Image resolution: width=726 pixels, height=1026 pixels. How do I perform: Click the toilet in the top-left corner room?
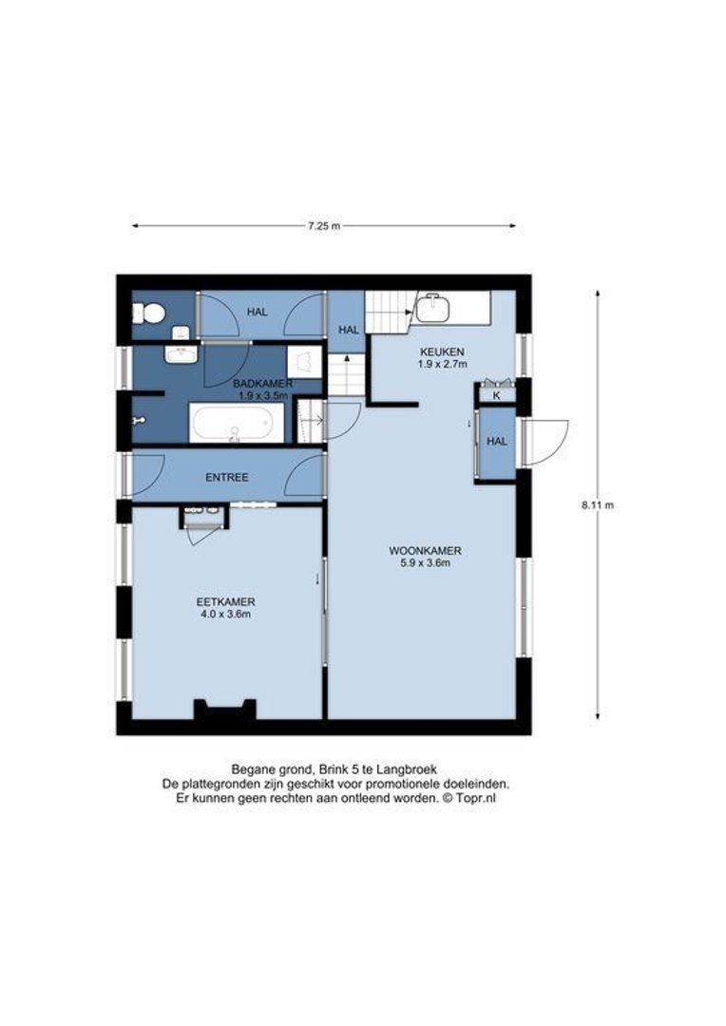[x=148, y=312]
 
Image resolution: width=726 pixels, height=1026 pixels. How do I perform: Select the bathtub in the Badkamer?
[x=237, y=423]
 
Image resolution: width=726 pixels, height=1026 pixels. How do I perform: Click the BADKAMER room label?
[x=262, y=383]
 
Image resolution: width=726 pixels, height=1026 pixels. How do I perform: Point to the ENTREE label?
[x=227, y=477]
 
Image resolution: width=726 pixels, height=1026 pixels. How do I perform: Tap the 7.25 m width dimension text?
[x=323, y=226]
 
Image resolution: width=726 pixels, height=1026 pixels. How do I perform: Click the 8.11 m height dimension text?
[x=598, y=505]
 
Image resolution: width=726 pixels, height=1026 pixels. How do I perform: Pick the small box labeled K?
[x=496, y=394]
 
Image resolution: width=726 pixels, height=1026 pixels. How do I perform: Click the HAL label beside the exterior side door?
[x=496, y=442]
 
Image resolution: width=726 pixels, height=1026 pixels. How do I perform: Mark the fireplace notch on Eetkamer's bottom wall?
[x=225, y=710]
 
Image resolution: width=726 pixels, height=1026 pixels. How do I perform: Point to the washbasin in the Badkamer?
[x=181, y=354]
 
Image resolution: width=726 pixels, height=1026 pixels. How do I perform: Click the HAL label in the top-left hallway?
[x=257, y=312]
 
